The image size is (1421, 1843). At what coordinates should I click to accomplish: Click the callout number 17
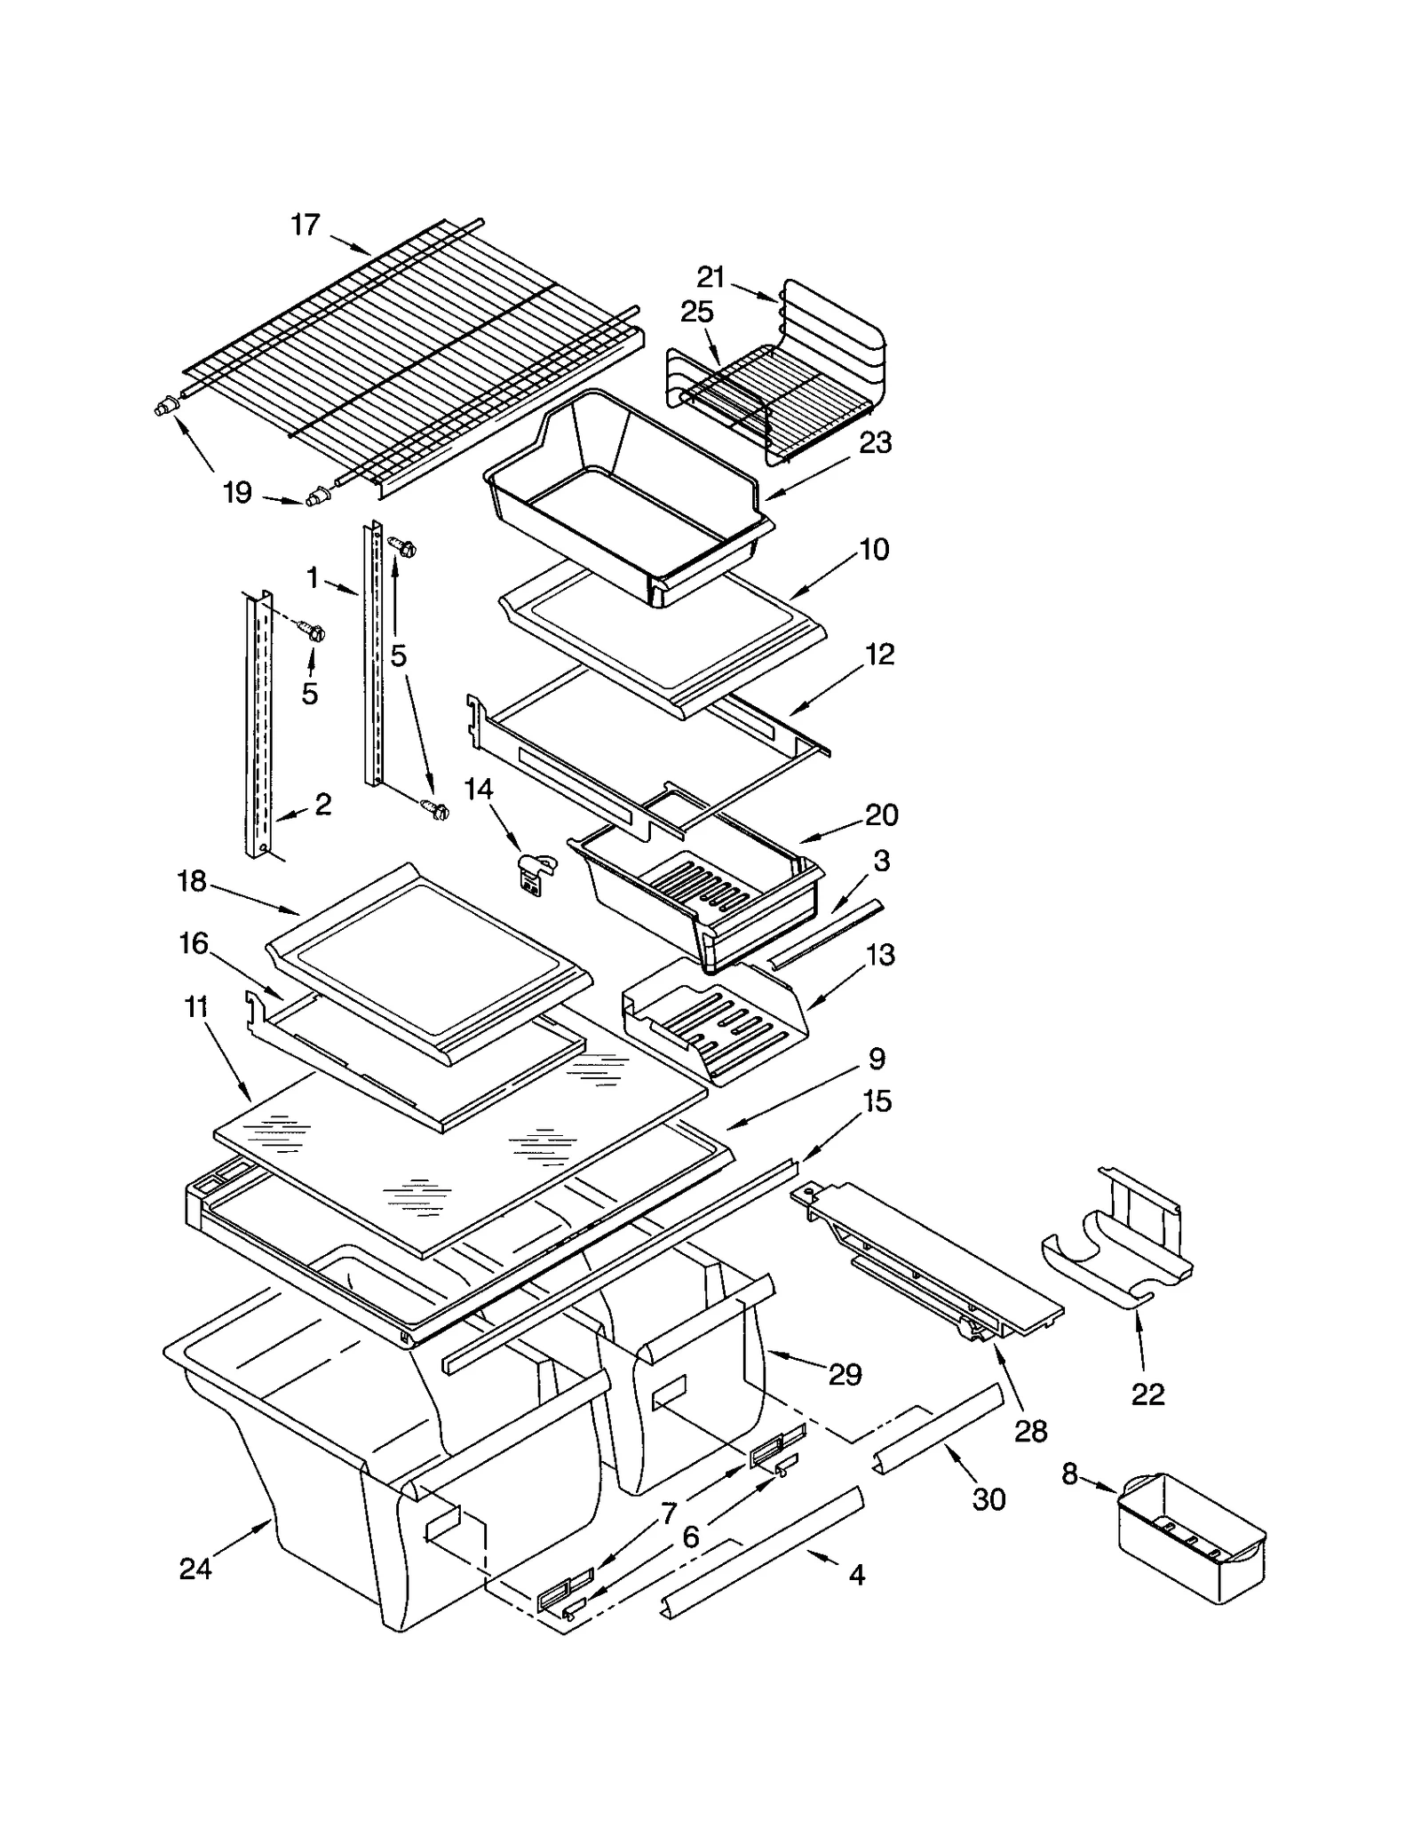(305, 226)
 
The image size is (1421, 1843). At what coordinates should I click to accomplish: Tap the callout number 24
(195, 1569)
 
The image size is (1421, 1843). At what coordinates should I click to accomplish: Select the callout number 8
(1069, 1474)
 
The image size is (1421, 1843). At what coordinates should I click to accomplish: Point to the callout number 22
(1147, 1394)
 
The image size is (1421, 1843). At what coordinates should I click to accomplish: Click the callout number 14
(479, 789)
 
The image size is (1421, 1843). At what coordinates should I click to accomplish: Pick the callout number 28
(1030, 1431)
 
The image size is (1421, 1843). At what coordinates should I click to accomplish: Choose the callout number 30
(988, 1499)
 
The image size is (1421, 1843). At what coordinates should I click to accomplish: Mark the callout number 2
(323, 804)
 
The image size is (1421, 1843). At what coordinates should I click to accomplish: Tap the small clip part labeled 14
(536, 870)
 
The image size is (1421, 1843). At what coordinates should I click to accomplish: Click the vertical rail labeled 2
(259, 724)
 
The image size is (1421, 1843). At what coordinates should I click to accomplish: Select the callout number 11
(196, 1007)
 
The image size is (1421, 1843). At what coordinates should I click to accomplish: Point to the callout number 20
(881, 814)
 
